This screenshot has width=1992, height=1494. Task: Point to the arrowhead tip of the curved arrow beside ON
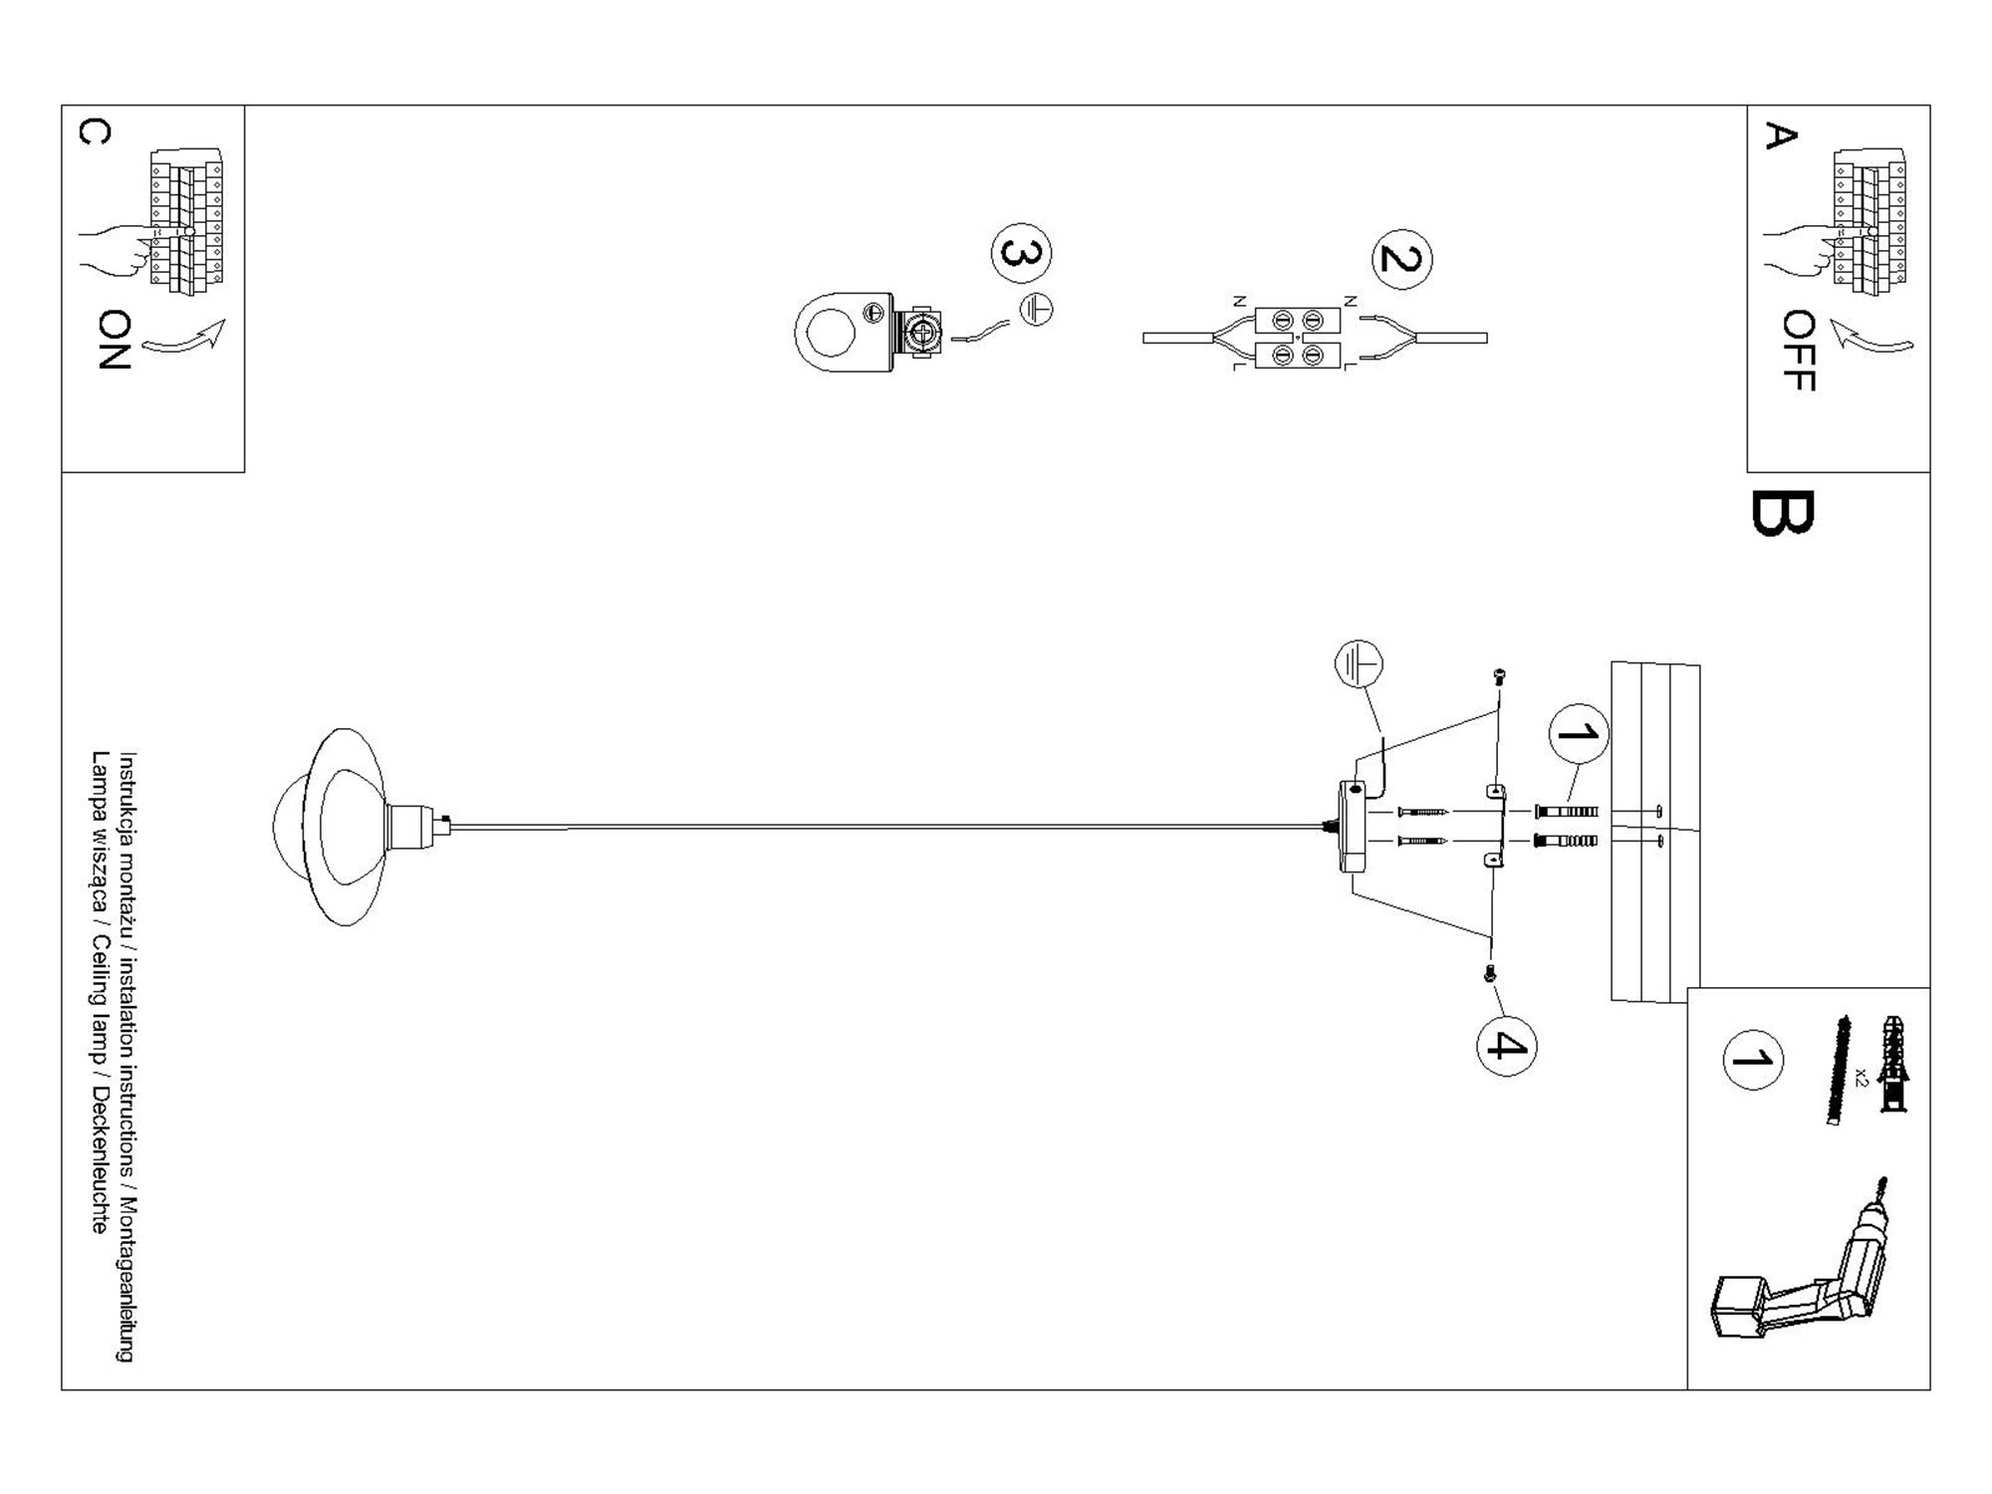point(226,320)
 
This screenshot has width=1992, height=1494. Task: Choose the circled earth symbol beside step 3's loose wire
point(1036,310)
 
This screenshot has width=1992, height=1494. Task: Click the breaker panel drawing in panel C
point(186,222)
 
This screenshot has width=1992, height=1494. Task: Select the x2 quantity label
point(1862,1076)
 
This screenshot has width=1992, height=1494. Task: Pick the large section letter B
point(1782,513)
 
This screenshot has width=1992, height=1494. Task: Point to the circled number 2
point(1401,259)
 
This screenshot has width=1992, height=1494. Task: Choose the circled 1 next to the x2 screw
point(1752,1060)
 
